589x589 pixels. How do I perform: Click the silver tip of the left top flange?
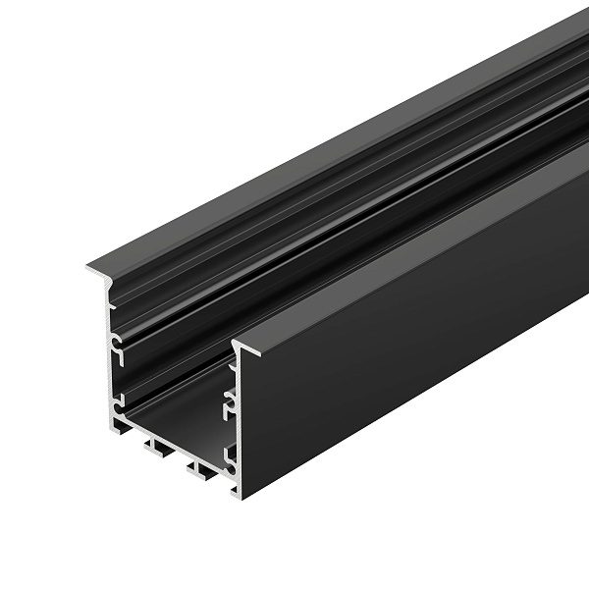[x=91, y=266]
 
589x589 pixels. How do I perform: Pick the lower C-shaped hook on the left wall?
[x=118, y=401]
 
